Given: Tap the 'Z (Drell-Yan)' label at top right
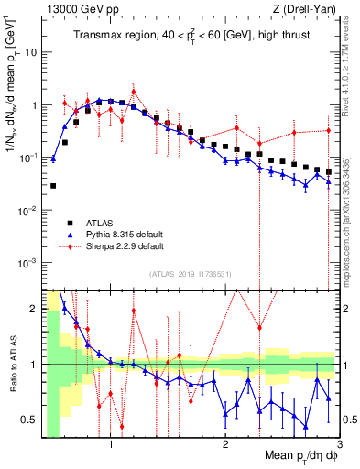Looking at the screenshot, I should pos(309,8).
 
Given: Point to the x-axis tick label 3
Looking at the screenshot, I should pos(338,444).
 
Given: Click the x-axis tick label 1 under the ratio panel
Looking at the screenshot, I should pos(111,444).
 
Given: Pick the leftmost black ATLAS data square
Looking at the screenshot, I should pos(53,186).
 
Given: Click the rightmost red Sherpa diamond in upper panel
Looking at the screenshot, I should pos(329,131).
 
